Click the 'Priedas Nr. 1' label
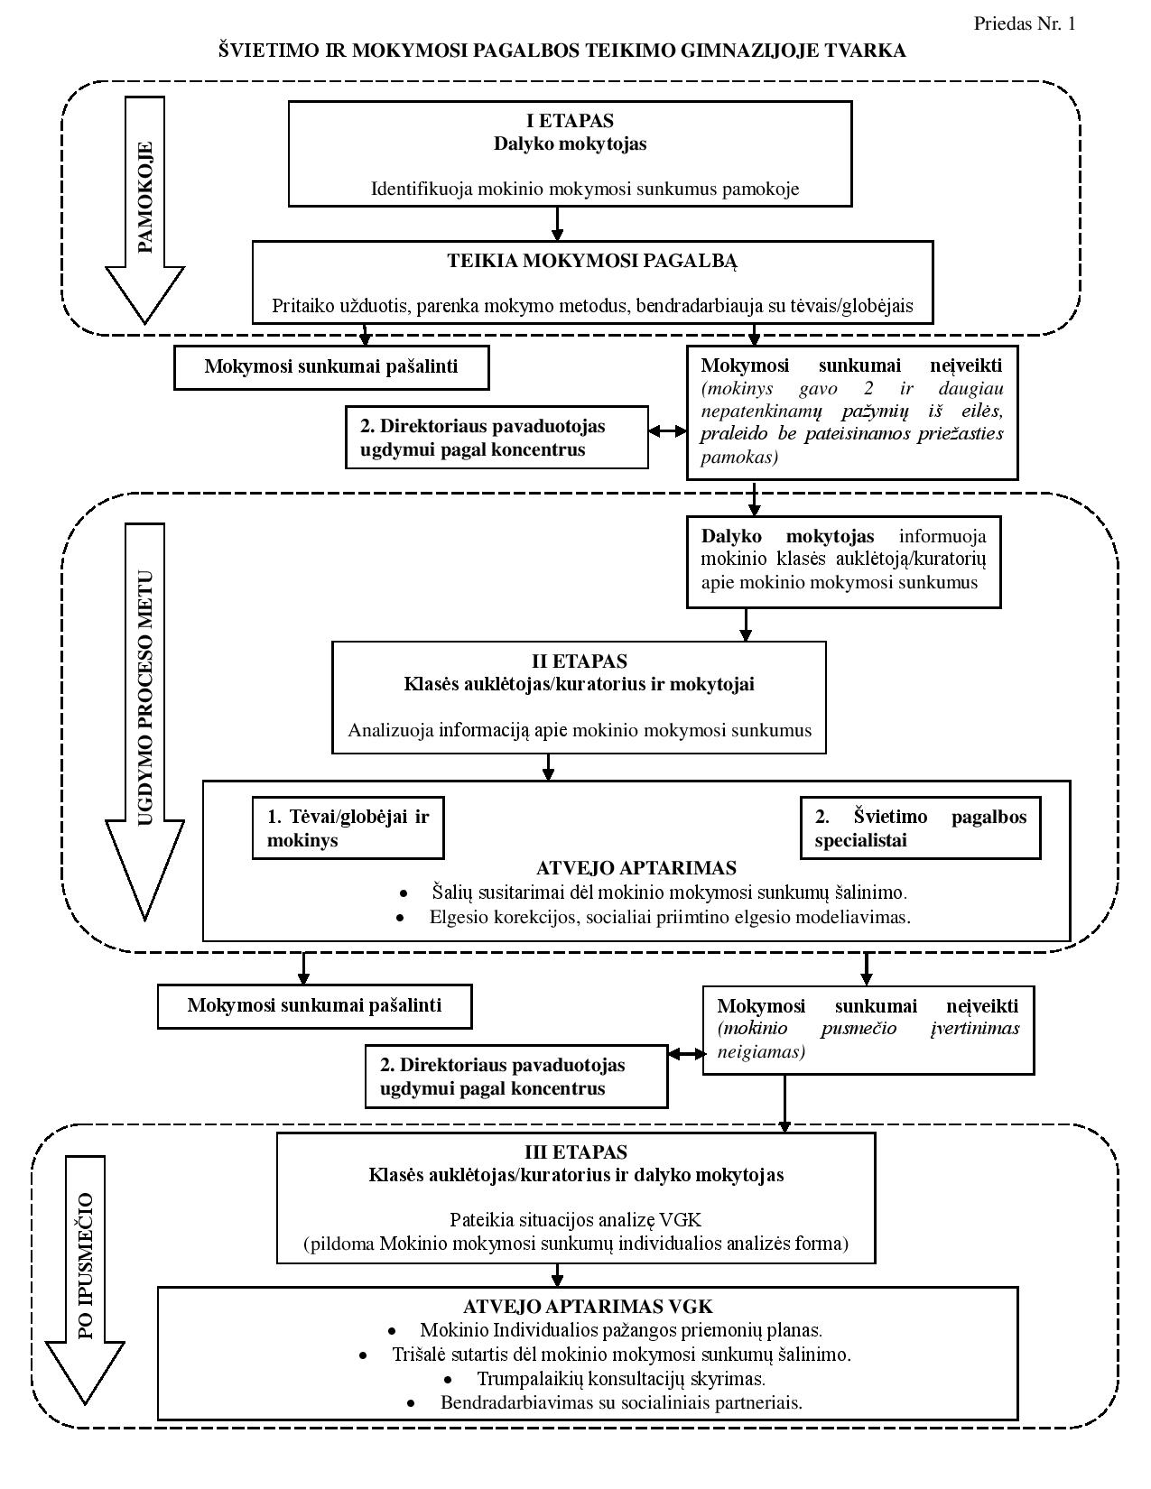pyautogui.click(x=1025, y=24)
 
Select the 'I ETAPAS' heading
pyautogui.click(x=570, y=121)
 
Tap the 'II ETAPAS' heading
pyautogui.click(x=580, y=661)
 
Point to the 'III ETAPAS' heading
pyautogui.click(x=576, y=1151)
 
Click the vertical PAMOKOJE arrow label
pyautogui.click(x=145, y=198)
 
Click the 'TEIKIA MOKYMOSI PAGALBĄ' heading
pyautogui.click(x=592, y=261)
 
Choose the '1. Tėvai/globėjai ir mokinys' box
pyautogui.click(x=348, y=828)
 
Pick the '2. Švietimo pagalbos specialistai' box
pyautogui.click(x=920, y=828)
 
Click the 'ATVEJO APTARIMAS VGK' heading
pyautogui.click(x=588, y=1306)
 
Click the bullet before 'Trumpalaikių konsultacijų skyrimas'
pyautogui.click(x=449, y=1380)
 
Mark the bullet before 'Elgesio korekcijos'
pyautogui.click(x=400, y=918)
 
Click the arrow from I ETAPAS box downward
pyautogui.click(x=557, y=224)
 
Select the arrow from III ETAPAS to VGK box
pyautogui.click(x=557, y=1275)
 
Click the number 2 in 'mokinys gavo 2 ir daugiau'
pyautogui.click(x=868, y=389)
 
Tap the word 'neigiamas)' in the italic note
pyautogui.click(x=761, y=1051)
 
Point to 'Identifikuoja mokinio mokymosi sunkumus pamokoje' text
pyautogui.click(x=585, y=189)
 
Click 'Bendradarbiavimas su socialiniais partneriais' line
pyautogui.click(x=621, y=1402)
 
